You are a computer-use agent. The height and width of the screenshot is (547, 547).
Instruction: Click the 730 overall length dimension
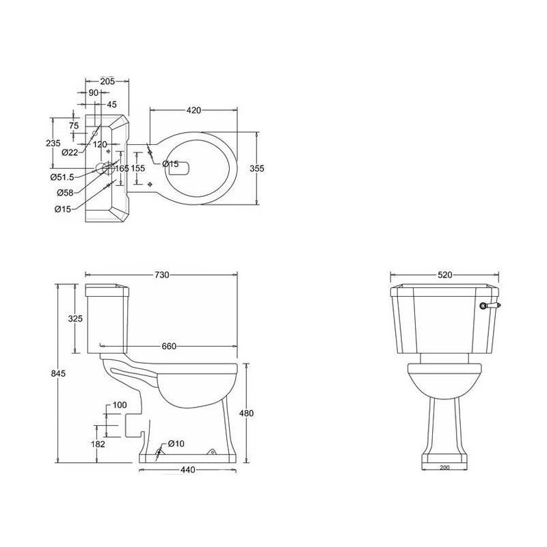(161, 275)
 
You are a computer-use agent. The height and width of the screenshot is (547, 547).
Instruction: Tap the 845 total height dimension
(58, 373)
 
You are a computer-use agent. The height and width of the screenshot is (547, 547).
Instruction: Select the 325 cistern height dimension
(75, 318)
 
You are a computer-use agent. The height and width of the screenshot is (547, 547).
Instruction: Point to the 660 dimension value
(169, 347)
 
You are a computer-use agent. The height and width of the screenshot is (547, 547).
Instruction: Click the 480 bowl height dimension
(246, 414)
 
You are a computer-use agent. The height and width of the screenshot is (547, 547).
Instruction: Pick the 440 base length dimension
(187, 470)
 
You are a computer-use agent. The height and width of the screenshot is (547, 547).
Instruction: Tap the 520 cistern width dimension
(444, 275)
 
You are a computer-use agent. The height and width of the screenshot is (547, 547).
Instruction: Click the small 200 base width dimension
(444, 468)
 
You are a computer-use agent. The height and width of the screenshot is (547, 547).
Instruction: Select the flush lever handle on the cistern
(491, 306)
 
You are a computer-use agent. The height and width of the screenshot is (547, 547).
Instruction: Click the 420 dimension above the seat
(194, 110)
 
